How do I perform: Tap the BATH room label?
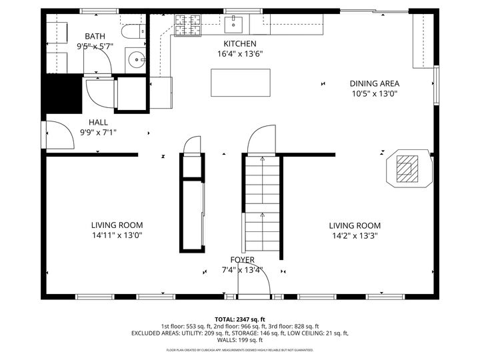(95, 36)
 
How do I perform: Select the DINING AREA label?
(374, 83)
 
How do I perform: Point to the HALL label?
(98, 123)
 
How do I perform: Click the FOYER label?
(242, 260)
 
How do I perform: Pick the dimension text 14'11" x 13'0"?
(117, 235)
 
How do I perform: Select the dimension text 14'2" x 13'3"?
(354, 235)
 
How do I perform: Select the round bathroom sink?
(138, 60)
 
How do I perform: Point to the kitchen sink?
(234, 25)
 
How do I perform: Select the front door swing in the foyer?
(255, 282)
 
